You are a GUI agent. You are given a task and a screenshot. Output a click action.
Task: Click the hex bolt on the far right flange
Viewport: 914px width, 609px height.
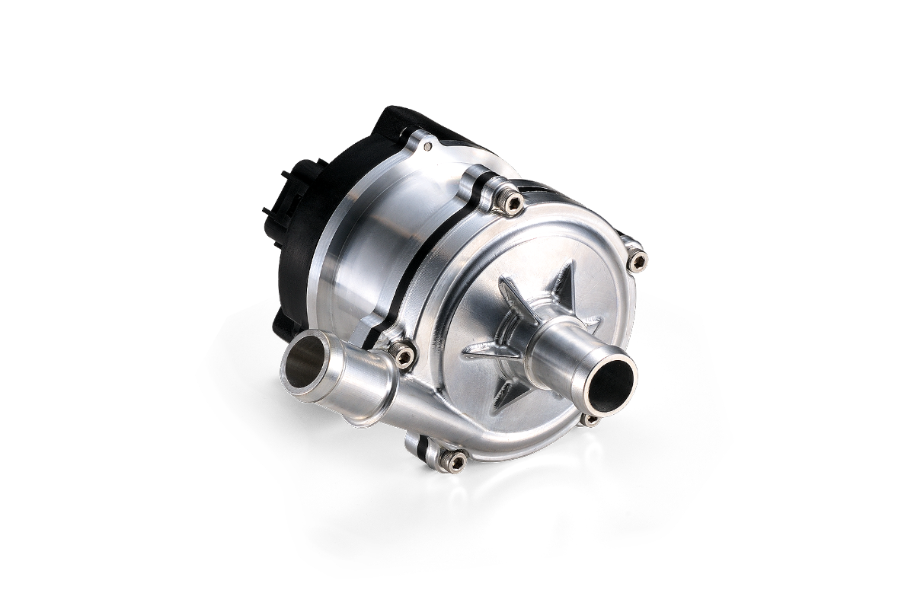[x=638, y=262]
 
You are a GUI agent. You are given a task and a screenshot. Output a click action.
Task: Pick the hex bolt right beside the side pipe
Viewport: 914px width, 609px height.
[x=403, y=355]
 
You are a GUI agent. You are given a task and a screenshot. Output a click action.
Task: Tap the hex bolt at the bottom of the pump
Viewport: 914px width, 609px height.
[x=455, y=460]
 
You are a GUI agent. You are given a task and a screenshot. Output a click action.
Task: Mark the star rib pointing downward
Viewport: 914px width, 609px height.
[x=507, y=392]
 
